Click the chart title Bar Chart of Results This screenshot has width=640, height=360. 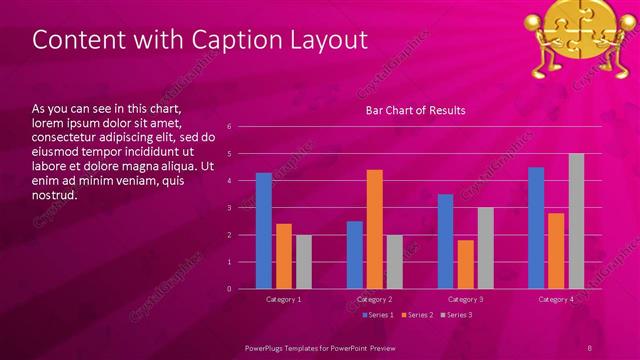(x=415, y=110)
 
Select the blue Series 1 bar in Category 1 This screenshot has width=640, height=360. (x=263, y=231)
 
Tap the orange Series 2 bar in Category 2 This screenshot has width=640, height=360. (x=375, y=229)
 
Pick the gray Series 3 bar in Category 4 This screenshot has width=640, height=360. (x=576, y=221)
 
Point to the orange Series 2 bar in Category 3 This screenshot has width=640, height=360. (x=466, y=264)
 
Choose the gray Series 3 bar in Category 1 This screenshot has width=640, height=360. (x=303, y=262)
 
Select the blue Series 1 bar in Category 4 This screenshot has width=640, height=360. (x=536, y=228)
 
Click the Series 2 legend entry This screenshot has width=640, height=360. (x=417, y=315)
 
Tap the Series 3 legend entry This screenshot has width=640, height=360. (x=457, y=315)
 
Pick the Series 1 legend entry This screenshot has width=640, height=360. (x=378, y=315)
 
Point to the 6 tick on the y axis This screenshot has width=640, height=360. (x=230, y=127)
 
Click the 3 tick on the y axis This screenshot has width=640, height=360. (x=230, y=208)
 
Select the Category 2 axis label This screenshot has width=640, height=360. (x=375, y=299)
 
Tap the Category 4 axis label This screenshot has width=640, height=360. (x=556, y=299)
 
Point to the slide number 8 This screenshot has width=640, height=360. (x=590, y=347)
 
